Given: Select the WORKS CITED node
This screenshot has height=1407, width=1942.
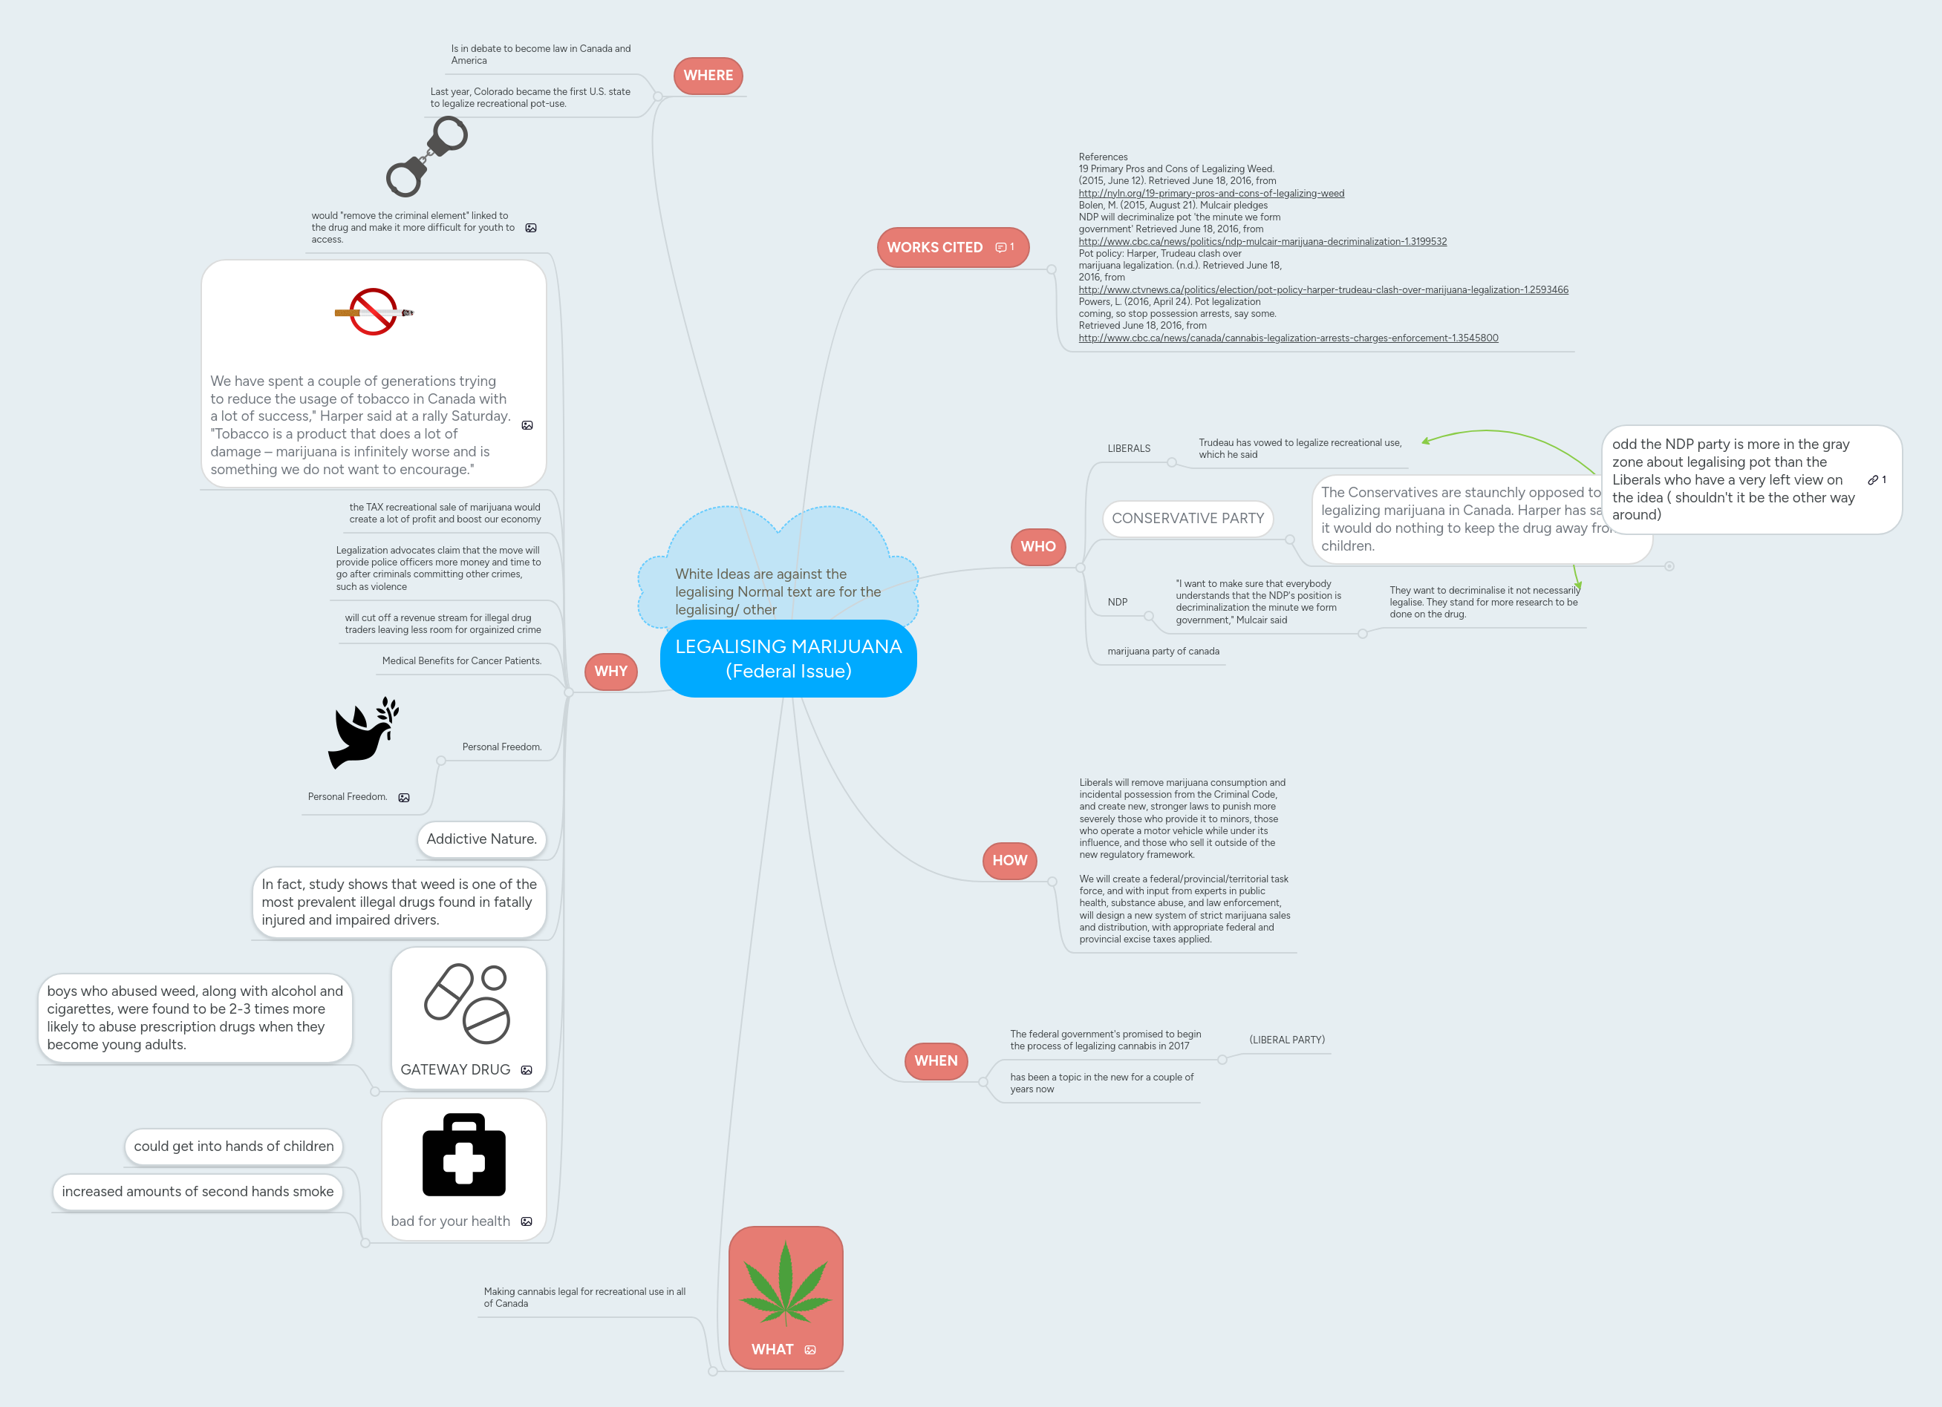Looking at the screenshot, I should coord(934,247).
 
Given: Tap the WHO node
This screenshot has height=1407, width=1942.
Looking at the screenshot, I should coord(1037,547).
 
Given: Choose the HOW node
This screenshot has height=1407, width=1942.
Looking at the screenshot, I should coord(1009,860).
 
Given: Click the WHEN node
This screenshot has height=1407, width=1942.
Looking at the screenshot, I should coord(935,1060).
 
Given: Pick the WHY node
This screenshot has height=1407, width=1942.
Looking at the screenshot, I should coord(610,671).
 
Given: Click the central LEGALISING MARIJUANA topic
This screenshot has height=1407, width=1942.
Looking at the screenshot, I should coord(788,658).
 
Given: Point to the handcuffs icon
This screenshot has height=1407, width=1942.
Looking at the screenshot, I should coord(426,157).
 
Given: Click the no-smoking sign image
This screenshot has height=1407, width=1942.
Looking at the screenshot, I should coord(374,312).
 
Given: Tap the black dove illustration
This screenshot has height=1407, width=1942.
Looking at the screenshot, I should coord(363,732).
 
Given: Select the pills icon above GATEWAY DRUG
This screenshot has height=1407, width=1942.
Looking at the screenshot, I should coord(468,1003).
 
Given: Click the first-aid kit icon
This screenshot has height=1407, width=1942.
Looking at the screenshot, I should coord(464,1155).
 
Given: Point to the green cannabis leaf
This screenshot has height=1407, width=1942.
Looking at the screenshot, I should coord(785,1284).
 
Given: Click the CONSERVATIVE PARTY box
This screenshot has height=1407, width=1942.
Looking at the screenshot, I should coord(1187,519).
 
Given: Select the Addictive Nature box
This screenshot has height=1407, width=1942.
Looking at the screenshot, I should coord(481,839).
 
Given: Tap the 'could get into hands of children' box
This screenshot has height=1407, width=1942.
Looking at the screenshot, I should coord(234,1146).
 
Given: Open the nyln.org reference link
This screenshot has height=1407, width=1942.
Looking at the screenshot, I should coord(1211,194).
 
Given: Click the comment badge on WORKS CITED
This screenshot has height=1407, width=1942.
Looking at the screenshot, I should coord(1004,247).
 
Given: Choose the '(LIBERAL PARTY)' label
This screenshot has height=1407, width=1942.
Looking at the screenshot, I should coord(1286,1040).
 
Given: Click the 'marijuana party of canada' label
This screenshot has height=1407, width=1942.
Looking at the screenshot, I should coord(1163,652).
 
